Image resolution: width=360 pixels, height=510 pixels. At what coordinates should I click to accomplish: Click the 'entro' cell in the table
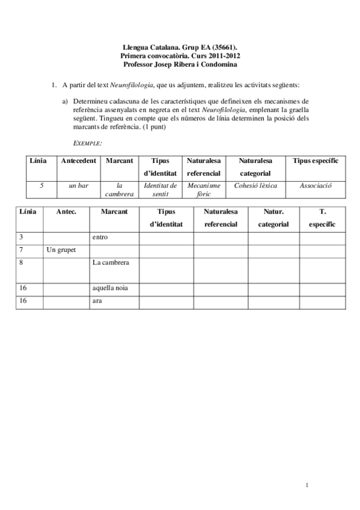[100, 237]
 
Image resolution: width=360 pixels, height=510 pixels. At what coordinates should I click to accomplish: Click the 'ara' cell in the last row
[97, 301]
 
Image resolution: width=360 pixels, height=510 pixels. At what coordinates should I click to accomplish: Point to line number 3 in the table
[21, 237]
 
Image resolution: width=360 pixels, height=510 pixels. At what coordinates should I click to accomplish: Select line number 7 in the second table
[21, 250]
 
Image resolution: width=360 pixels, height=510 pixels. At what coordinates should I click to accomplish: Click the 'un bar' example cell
[79, 186]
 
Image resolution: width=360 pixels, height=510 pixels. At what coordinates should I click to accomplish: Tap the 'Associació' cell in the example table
[316, 186]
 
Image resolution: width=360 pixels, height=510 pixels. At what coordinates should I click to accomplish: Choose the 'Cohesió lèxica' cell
[255, 186]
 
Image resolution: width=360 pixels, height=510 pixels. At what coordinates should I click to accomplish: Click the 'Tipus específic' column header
[316, 161]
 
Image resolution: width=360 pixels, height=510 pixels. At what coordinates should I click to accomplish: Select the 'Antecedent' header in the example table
[79, 161]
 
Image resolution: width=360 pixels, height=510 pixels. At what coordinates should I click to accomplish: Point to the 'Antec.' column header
[66, 212]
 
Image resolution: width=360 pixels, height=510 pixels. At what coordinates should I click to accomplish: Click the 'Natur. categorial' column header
[273, 218]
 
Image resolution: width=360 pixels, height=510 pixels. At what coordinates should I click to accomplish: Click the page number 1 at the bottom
[306, 485]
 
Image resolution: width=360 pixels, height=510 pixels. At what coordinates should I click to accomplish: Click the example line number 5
[41, 186]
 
